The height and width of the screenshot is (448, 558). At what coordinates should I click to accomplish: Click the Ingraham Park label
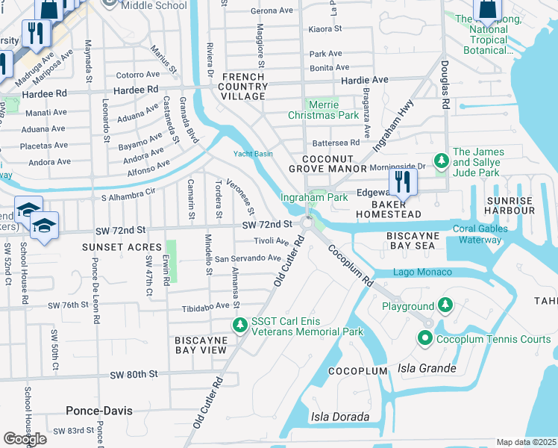(314, 198)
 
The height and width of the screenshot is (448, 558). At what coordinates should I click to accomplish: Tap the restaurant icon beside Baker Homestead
(403, 181)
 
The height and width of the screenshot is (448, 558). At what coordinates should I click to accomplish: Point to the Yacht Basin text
(253, 154)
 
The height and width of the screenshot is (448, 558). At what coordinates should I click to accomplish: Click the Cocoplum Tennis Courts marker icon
(425, 339)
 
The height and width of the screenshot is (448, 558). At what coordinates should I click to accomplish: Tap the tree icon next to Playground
(445, 305)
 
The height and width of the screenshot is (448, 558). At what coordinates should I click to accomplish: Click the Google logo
(25, 438)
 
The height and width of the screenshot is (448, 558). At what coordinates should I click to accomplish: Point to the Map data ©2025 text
(526, 442)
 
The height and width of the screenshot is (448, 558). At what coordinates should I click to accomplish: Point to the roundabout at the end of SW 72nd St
(307, 223)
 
